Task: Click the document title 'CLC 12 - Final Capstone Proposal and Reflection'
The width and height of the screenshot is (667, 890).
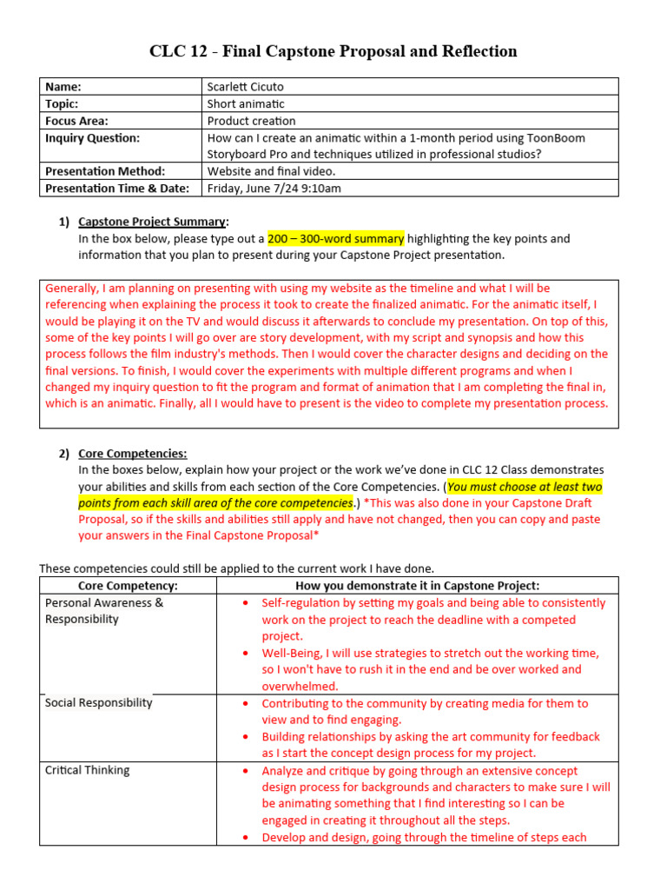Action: click(333, 51)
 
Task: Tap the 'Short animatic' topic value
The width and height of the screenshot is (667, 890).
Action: click(246, 103)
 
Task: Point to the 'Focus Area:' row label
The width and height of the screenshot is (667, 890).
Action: click(76, 121)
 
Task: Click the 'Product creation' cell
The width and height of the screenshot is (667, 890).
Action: click(251, 121)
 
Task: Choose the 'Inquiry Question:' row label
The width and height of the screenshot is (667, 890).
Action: click(92, 137)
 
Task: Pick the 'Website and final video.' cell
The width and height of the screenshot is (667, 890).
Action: click(271, 171)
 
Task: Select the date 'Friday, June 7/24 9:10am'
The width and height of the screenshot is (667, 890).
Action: click(274, 188)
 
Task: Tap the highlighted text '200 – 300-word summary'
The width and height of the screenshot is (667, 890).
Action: click(335, 238)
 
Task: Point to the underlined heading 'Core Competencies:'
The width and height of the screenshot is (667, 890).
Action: click(132, 453)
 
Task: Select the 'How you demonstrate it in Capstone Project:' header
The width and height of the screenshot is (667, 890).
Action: click(417, 586)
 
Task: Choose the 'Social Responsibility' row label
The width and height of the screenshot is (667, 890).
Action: click(98, 702)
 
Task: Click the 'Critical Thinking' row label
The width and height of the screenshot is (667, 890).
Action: click(87, 770)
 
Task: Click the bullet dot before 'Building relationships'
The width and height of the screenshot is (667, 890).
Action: click(247, 737)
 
